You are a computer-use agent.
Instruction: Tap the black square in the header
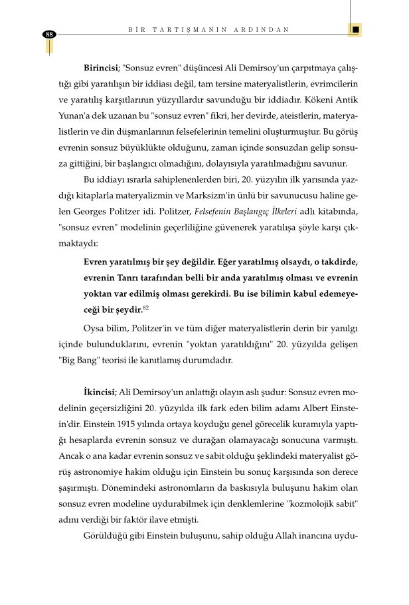pos(355,30)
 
